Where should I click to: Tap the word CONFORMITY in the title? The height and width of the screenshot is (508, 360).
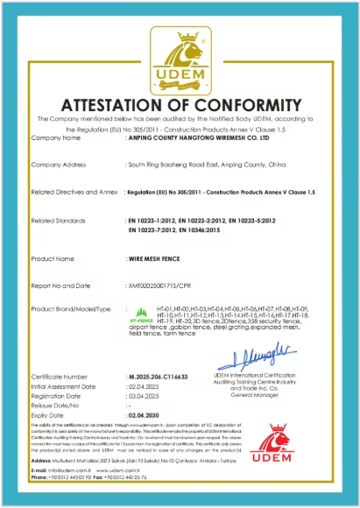[x=253, y=103]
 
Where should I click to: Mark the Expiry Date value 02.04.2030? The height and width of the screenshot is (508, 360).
[x=147, y=414]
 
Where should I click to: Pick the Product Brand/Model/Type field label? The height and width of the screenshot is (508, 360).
[x=71, y=310]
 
